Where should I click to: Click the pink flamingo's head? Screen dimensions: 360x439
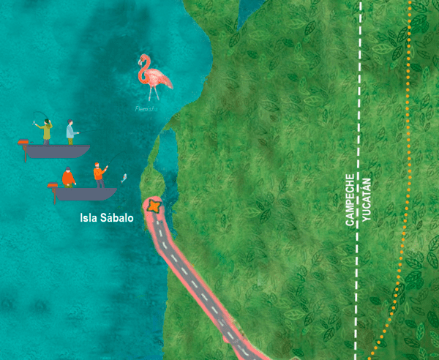(142, 60)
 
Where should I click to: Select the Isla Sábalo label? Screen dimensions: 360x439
(107, 218)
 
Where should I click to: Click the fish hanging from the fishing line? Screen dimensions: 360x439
(124, 179)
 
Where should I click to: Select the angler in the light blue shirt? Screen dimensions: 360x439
(71, 131)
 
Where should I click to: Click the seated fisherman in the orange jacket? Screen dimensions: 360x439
(68, 177)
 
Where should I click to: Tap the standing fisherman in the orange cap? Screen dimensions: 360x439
(98, 175)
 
